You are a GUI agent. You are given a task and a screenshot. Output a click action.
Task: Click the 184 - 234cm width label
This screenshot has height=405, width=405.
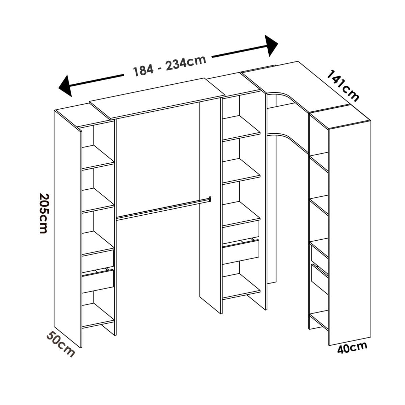[x=169, y=65]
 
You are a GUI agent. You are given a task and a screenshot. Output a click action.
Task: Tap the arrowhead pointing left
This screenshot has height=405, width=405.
[x=65, y=85]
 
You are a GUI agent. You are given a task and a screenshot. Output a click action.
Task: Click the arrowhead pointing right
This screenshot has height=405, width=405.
[x=271, y=46]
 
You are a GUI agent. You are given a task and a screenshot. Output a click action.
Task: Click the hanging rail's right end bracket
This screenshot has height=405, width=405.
[x=210, y=199]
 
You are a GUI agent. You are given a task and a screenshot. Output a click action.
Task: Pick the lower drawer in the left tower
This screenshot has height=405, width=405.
[x=98, y=281]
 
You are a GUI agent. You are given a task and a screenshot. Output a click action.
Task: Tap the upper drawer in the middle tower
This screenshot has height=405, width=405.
[x=241, y=229]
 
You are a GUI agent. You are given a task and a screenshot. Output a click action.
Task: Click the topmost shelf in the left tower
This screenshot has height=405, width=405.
[x=98, y=158]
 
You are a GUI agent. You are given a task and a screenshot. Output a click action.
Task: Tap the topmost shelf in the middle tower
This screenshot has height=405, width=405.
[x=241, y=128]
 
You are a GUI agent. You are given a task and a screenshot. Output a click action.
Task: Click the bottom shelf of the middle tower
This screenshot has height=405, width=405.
[x=241, y=287]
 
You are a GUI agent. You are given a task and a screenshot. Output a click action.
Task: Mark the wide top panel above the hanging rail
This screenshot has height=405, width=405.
[x=156, y=98]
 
